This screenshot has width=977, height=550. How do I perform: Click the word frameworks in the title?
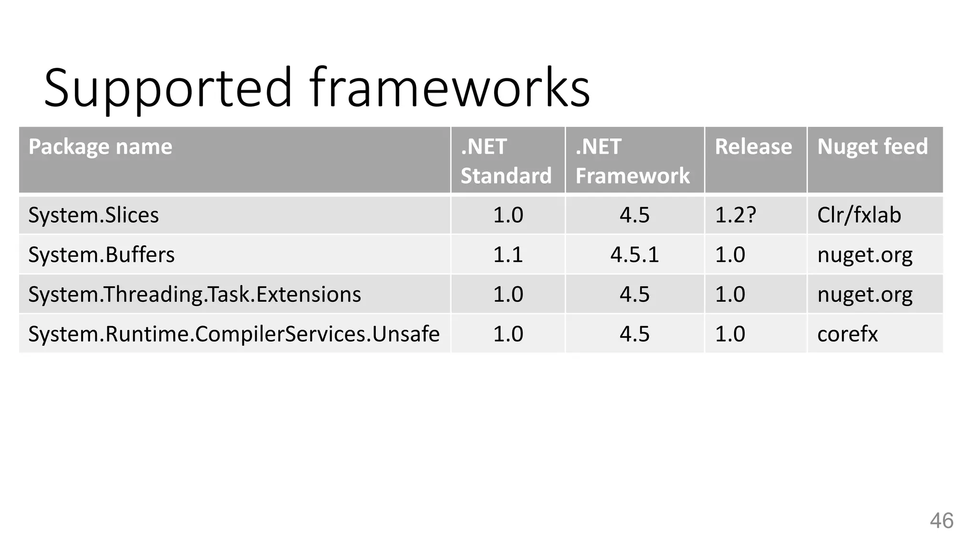(449, 88)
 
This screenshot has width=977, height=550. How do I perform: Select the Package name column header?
(100, 147)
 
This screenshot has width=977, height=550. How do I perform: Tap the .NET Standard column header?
(506, 161)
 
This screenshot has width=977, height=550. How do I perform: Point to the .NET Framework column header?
(632, 161)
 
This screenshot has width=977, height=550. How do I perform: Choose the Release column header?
(753, 147)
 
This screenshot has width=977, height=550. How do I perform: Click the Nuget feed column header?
(873, 147)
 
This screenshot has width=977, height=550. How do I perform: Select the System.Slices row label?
(94, 215)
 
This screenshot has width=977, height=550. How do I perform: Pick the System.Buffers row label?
(102, 254)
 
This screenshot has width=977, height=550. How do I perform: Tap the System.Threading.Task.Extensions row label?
(195, 294)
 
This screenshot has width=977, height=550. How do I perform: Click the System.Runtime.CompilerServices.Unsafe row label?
(234, 334)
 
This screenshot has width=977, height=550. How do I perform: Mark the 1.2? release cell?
(735, 215)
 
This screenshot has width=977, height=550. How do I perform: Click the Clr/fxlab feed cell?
(859, 215)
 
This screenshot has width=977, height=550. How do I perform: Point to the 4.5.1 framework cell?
(634, 254)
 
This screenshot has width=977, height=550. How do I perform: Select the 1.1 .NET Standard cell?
(508, 254)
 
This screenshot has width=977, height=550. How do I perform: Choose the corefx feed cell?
(847, 334)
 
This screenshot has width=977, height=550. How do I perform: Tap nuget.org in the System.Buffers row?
(864, 254)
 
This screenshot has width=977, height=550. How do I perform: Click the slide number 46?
(941, 520)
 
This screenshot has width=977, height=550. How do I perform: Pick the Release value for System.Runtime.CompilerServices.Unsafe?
(730, 334)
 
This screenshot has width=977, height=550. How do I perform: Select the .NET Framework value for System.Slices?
(634, 215)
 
